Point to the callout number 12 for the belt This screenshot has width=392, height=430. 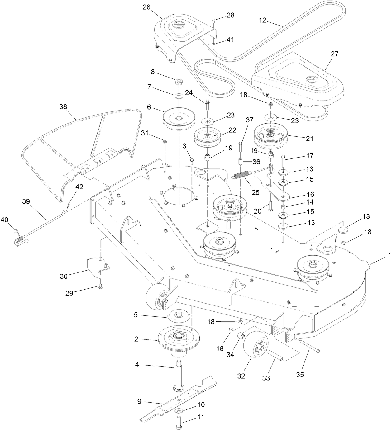(263, 20)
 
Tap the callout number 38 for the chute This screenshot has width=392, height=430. (63, 107)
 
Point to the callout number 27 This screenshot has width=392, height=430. (334, 54)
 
